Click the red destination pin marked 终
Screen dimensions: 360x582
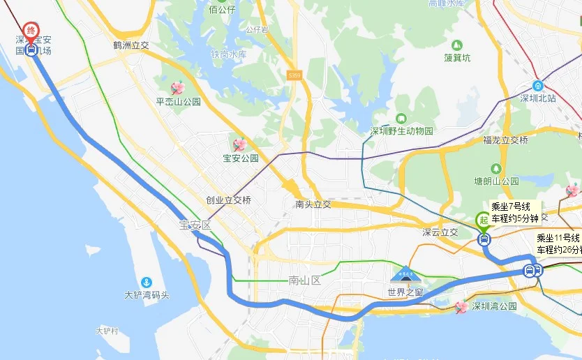point(31,31)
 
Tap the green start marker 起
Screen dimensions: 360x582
point(483,220)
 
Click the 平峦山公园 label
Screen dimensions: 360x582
point(179,101)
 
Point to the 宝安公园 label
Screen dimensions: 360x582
point(240,158)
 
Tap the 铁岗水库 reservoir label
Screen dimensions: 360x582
point(229,54)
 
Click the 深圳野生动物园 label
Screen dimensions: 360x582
point(401,130)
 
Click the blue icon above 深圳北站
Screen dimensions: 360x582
point(537,85)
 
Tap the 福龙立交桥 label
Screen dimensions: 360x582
point(506,140)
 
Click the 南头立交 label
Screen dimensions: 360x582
point(313,204)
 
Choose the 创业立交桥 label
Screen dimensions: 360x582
point(228,200)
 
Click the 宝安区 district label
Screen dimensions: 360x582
point(195,225)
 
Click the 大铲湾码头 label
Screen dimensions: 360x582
point(147,294)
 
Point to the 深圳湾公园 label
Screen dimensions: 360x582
point(493,306)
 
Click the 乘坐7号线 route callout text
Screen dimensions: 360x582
point(516,207)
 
